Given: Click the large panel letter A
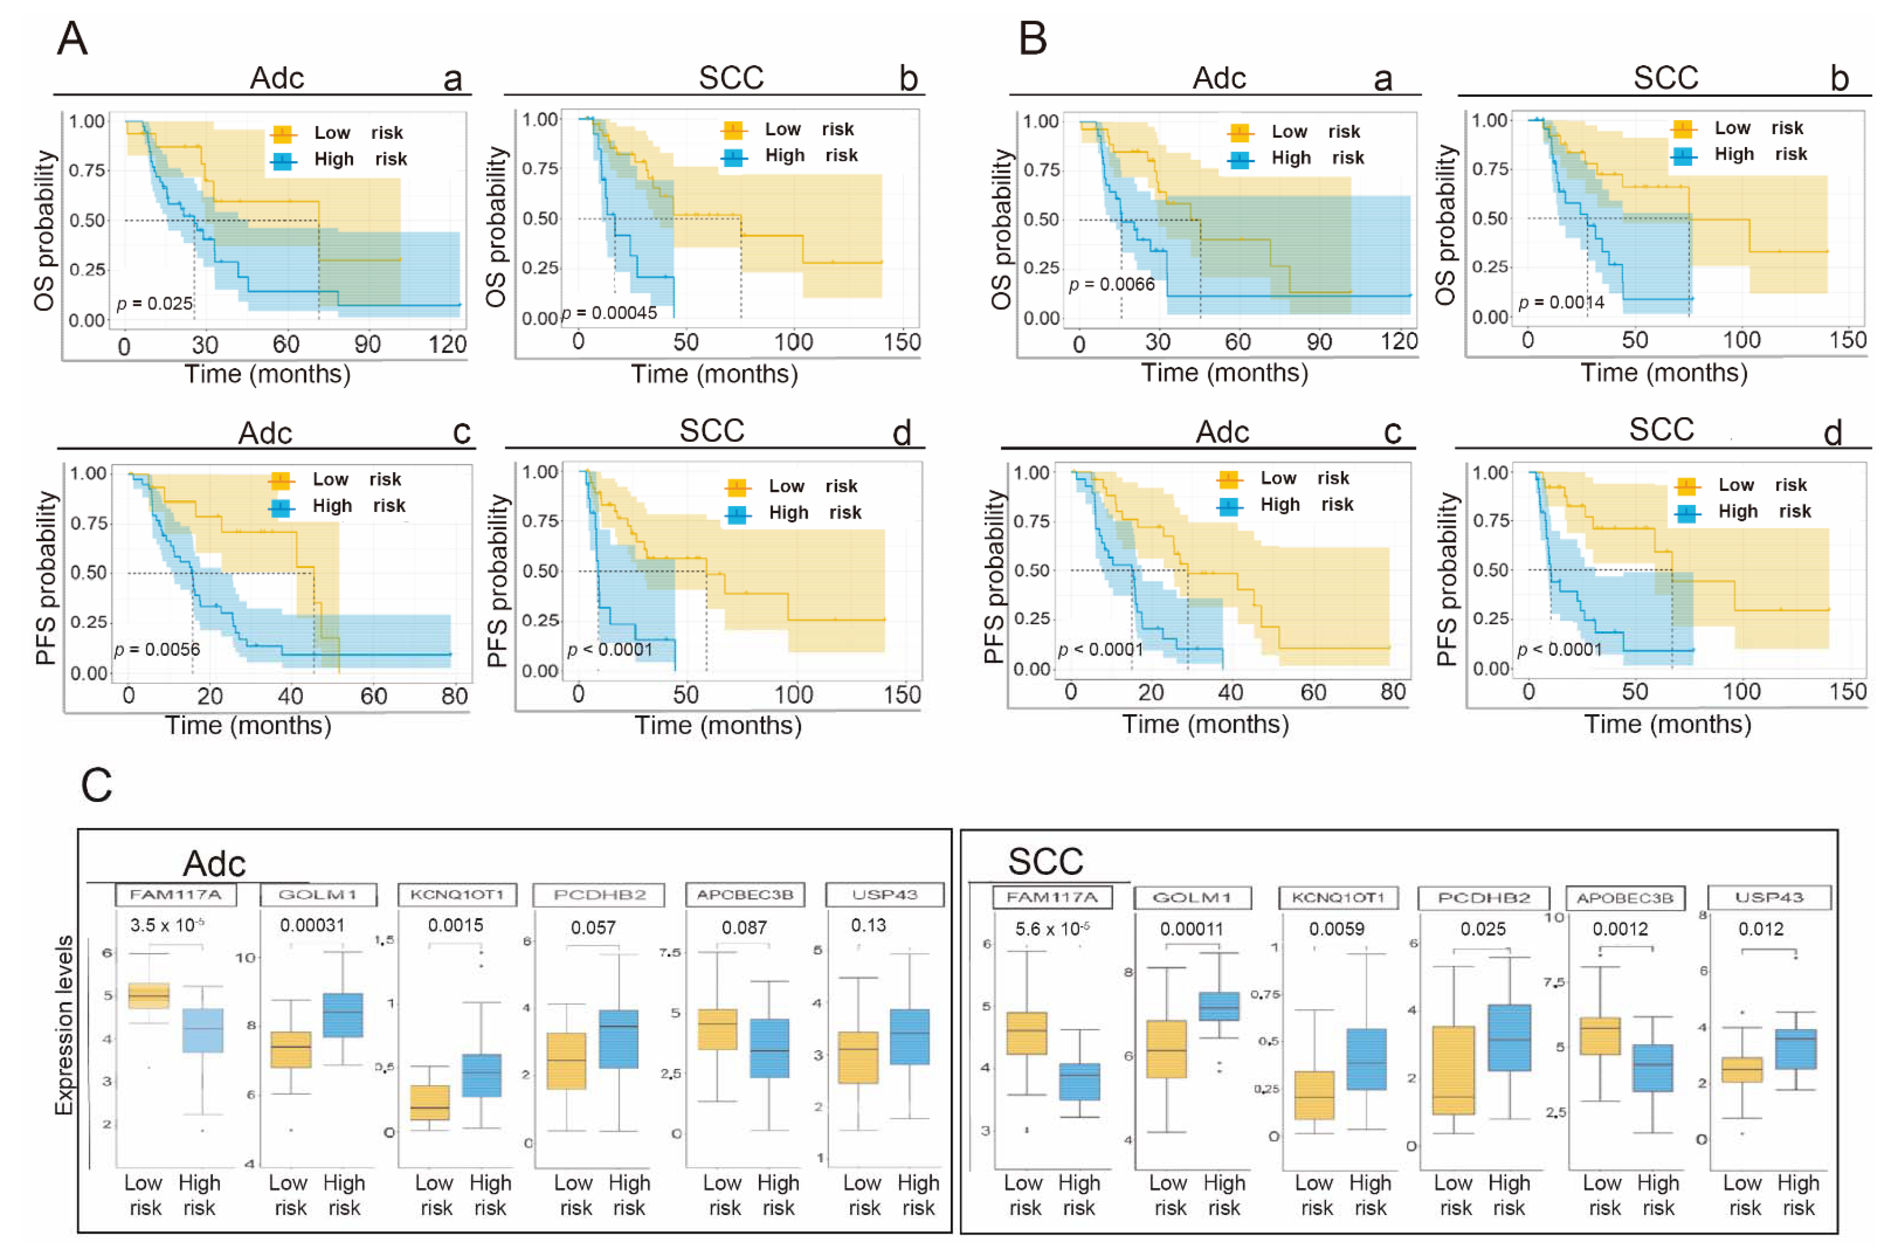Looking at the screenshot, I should click(x=72, y=38).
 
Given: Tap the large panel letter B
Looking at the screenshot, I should click(x=1033, y=38).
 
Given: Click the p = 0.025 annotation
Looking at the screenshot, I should click(x=155, y=303).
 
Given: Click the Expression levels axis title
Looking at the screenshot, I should click(x=64, y=1025).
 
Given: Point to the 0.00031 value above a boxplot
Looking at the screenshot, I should click(x=312, y=925).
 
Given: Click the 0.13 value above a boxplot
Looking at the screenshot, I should click(x=868, y=925).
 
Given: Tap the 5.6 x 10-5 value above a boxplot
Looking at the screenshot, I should click(x=1052, y=929).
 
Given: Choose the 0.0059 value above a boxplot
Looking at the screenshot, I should click(x=1336, y=929).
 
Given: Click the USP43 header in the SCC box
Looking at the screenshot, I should click(x=1769, y=898).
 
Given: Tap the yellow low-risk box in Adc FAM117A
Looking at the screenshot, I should click(x=148, y=996).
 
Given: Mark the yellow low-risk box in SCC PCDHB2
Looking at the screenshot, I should click(x=1453, y=1070).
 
